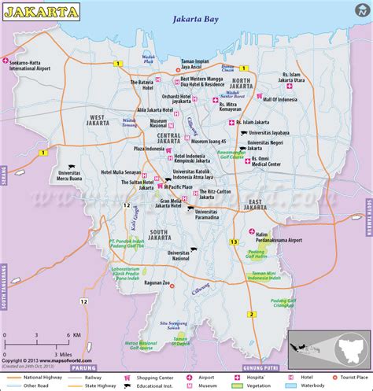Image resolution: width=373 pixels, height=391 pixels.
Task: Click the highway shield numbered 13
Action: (234, 241)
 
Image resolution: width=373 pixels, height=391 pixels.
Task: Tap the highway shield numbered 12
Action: (126, 205)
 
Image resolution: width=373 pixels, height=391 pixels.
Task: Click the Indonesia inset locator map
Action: (327, 343)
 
